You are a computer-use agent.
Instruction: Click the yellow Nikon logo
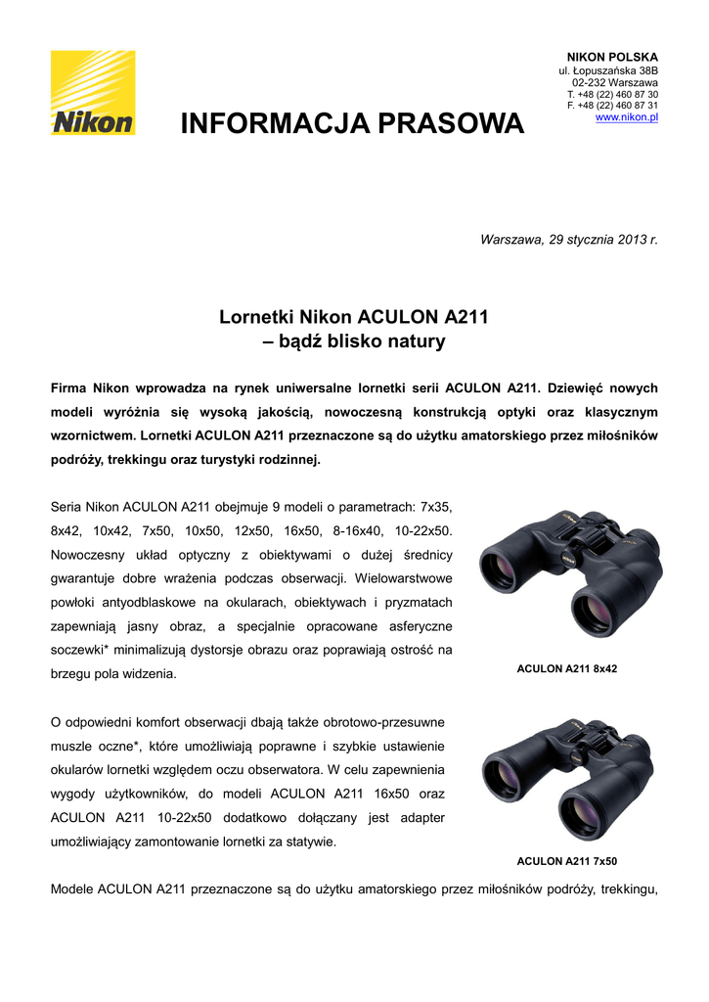pyautogui.click(x=93, y=93)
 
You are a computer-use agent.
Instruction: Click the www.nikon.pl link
pyautogui.click(x=626, y=117)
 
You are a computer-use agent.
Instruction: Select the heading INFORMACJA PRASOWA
pyautogui.click(x=352, y=124)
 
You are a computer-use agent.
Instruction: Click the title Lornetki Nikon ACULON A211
pyautogui.click(x=353, y=317)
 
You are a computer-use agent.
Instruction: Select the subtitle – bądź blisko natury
pyautogui.click(x=354, y=342)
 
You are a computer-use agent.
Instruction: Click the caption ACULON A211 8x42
pyautogui.click(x=566, y=669)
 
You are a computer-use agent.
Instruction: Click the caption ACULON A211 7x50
pyautogui.click(x=566, y=861)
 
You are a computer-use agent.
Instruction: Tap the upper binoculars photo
pyautogui.click(x=566, y=572)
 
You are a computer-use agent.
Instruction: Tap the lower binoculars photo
pyautogui.click(x=566, y=778)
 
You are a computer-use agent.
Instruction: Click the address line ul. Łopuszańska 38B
pyautogui.click(x=607, y=71)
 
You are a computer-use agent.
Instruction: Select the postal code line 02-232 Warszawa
pyautogui.click(x=614, y=83)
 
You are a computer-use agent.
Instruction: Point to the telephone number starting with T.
pyautogui.click(x=612, y=95)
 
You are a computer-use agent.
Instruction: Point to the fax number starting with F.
pyautogui.click(x=612, y=106)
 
